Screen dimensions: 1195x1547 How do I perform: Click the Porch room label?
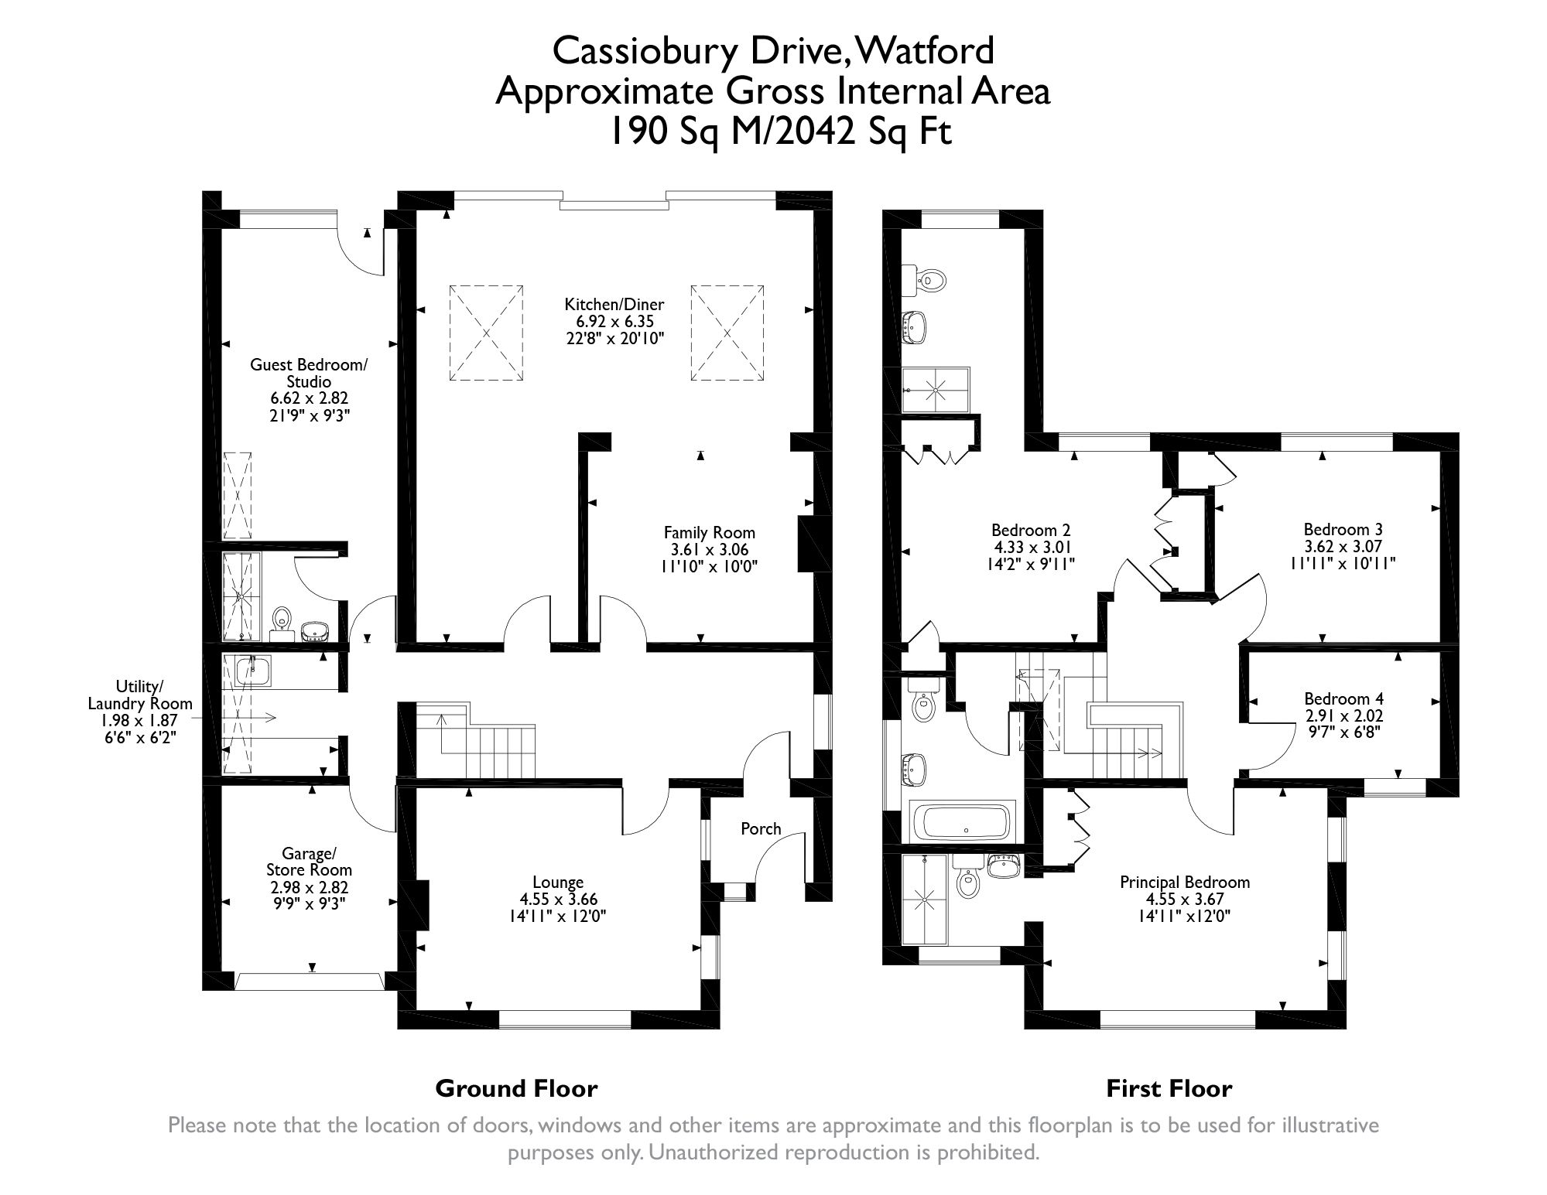pyautogui.click(x=761, y=829)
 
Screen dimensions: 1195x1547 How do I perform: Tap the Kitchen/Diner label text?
pyautogui.click(x=614, y=304)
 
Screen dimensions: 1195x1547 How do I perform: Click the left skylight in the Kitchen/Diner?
pyautogui.click(x=486, y=333)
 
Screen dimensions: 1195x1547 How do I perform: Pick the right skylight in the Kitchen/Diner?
pyautogui.click(x=727, y=333)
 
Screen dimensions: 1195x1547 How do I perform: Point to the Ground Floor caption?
pyautogui.click(x=516, y=1089)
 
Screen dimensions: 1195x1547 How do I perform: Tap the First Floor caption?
pyautogui.click(x=1169, y=1089)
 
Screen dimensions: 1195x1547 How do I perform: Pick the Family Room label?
pyautogui.click(x=709, y=532)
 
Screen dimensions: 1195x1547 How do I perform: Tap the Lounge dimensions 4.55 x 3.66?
pyautogui.click(x=558, y=900)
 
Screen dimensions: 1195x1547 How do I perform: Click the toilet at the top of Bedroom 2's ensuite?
pyautogui.click(x=931, y=279)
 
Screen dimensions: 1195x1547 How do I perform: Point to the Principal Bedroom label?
pyautogui.click(x=1185, y=883)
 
